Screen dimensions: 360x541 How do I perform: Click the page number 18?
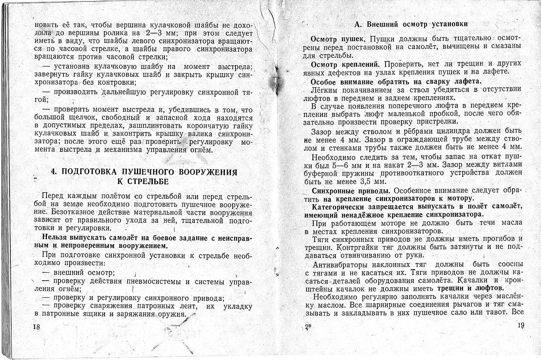point(36,327)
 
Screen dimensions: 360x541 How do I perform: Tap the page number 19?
point(520,326)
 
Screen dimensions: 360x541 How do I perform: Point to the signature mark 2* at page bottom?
point(308,327)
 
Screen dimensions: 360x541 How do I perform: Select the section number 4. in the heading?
point(54,172)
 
